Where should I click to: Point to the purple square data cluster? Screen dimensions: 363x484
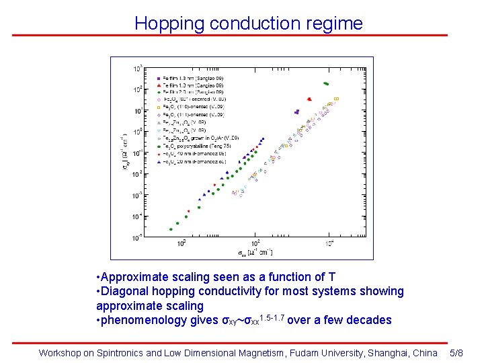296,112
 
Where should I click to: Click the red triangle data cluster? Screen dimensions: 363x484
309,99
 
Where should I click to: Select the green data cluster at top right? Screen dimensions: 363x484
326,83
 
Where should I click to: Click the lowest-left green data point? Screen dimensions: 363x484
171,229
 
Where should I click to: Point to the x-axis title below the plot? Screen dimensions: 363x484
255,252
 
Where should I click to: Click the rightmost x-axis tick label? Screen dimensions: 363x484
329,243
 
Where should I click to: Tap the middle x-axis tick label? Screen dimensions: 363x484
255,243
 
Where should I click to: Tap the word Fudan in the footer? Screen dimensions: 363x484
298,352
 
